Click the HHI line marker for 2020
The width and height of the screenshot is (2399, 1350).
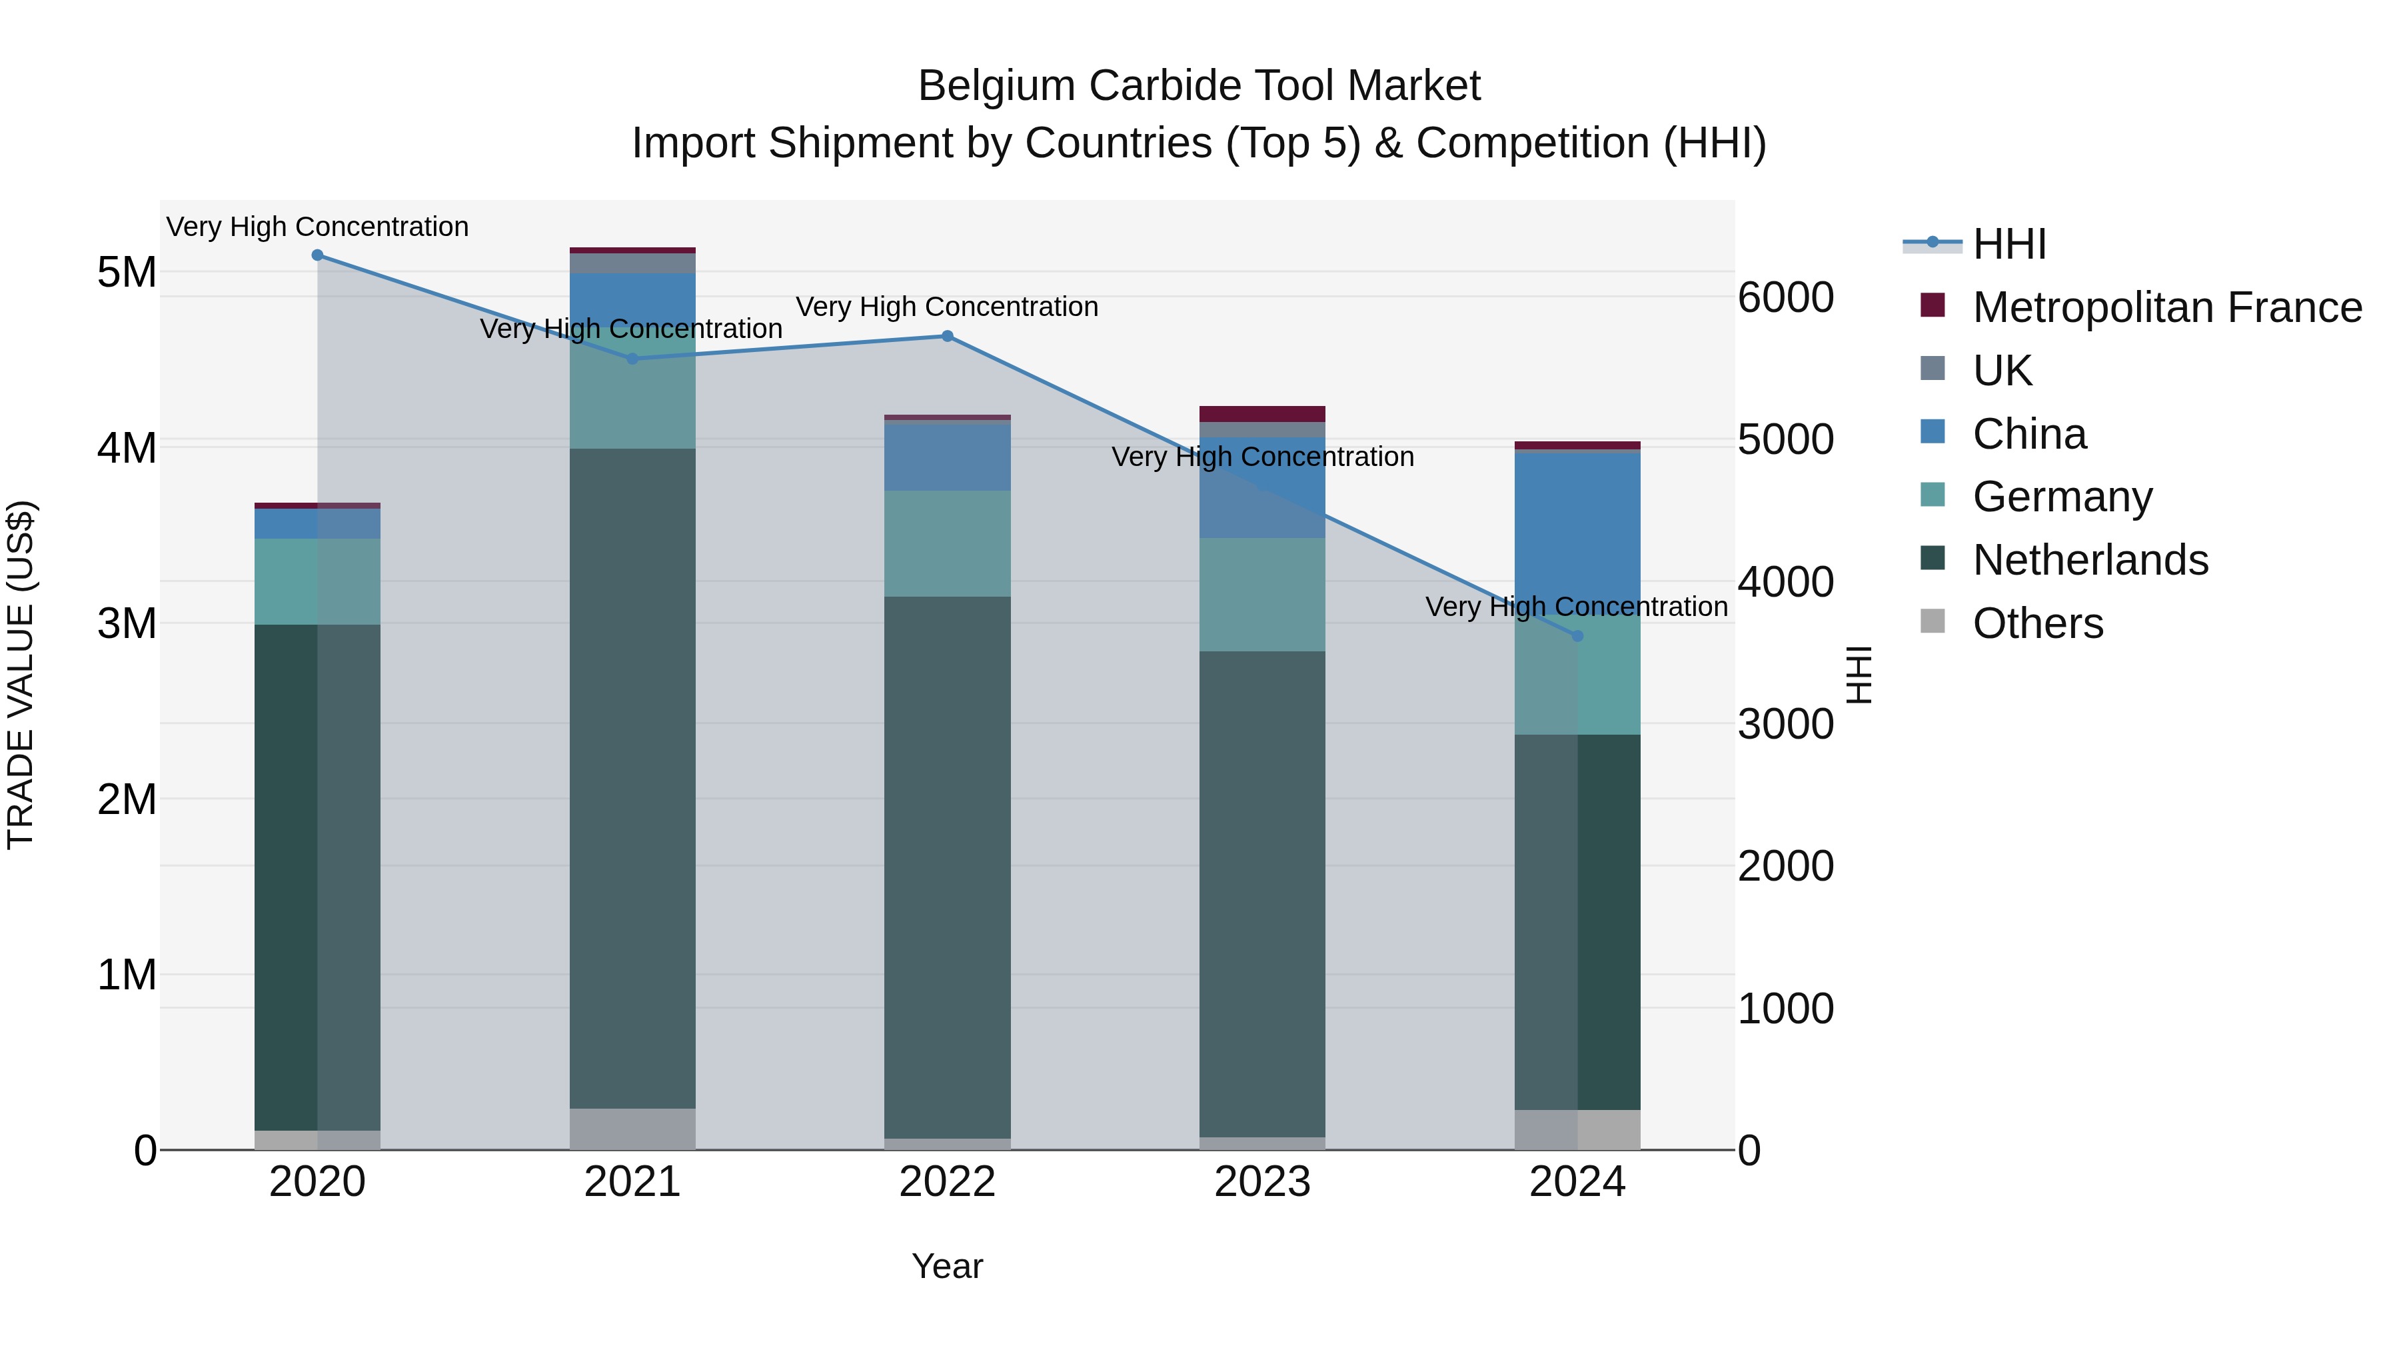click(318, 255)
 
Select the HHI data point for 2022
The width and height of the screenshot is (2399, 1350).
click(947, 337)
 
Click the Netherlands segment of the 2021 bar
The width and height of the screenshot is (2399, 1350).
click(632, 778)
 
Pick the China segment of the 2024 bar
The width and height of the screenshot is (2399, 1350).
click(1577, 531)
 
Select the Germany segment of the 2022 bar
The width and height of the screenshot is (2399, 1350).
click(947, 543)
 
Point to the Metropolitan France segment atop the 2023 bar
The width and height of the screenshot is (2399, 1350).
click(1262, 413)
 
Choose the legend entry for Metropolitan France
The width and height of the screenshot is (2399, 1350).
click(2167, 307)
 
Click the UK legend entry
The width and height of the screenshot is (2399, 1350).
click(2002, 371)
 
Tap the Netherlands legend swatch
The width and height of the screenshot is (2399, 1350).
click(1933, 559)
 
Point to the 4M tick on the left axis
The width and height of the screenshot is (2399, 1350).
click(127, 448)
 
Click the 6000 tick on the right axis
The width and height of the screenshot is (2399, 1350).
click(1785, 298)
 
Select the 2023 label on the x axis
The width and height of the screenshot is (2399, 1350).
click(1262, 1182)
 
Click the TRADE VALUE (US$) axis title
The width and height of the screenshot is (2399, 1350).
click(21, 675)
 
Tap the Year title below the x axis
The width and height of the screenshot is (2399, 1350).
click(947, 1266)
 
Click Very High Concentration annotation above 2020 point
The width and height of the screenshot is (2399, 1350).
click(318, 227)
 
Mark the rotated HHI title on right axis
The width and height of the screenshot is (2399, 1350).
click(1859, 675)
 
